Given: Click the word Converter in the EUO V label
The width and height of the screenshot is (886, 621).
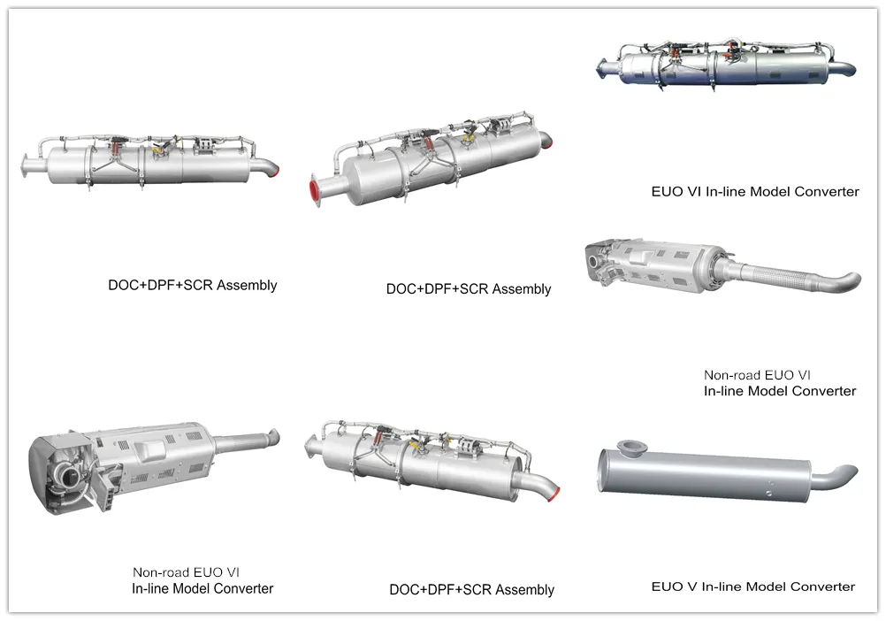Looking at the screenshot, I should tap(823, 586).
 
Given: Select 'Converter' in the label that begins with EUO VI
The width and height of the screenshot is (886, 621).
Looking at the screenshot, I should tap(827, 192).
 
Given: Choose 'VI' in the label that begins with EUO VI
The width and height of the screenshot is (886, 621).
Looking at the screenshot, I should tap(691, 192).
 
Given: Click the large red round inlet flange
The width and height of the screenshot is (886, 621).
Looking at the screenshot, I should tap(314, 189).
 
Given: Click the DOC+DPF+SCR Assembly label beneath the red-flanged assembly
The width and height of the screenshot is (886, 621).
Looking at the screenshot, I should tap(469, 289).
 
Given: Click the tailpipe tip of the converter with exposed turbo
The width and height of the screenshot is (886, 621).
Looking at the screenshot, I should tap(274, 435).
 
